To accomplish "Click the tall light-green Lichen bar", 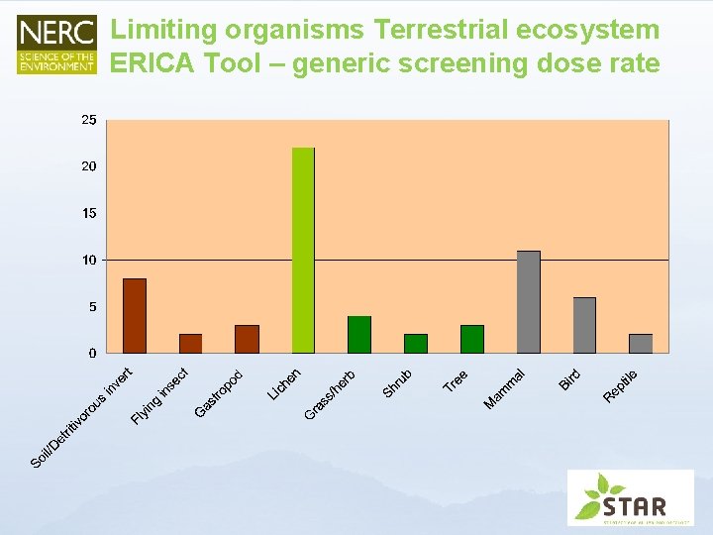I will (303, 250).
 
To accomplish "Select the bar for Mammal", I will (529, 302).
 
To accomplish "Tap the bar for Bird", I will (584, 325).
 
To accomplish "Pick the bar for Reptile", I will (641, 344).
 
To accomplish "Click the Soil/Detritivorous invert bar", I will (135, 316).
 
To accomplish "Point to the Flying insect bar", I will (190, 344).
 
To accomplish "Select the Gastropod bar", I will (247, 339).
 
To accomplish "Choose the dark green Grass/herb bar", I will (359, 335).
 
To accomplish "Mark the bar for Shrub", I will (416, 344).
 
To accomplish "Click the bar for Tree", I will (472, 339).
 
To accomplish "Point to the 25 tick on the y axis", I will (89, 120).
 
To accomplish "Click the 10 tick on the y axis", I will (89, 260).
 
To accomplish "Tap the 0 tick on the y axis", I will (92, 353).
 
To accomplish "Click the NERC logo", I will (57, 45).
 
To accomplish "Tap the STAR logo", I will (630, 497).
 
